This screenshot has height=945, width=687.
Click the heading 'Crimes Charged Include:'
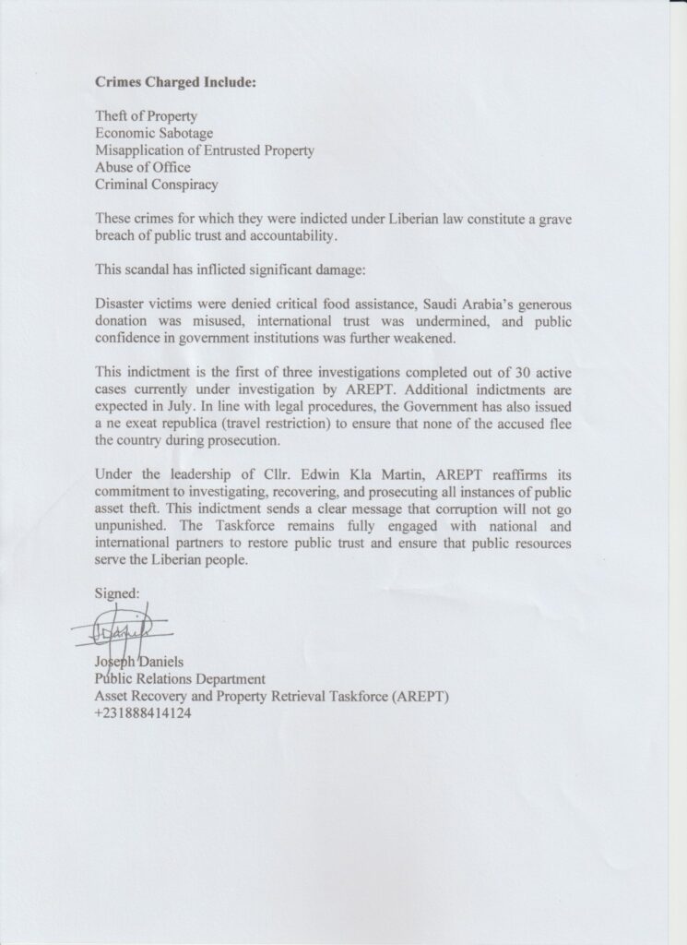[175, 81]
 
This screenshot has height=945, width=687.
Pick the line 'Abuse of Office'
[143, 167]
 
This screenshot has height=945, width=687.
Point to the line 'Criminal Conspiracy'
[157, 185]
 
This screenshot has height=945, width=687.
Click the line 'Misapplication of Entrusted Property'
[205, 150]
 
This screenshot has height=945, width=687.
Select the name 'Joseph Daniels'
[138, 663]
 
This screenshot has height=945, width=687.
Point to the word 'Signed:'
[117, 595]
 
